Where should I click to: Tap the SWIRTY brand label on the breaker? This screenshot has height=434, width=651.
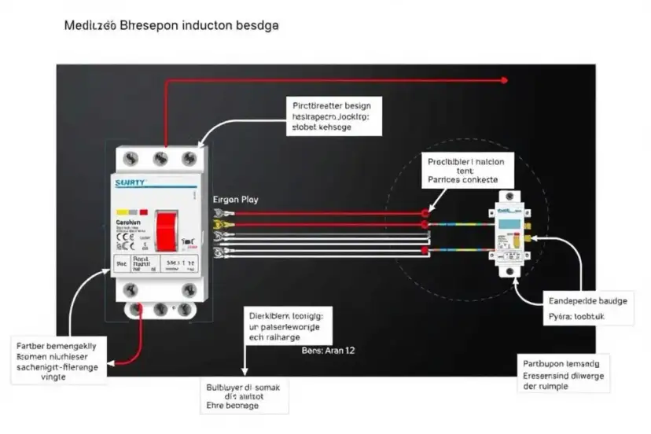(130, 182)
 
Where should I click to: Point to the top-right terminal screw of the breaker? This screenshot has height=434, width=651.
(188, 159)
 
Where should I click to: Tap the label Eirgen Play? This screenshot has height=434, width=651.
(235, 200)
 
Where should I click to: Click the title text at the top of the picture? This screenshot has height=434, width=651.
(171, 25)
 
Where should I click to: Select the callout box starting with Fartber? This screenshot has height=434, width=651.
(60, 361)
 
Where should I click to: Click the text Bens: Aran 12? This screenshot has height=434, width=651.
(328, 351)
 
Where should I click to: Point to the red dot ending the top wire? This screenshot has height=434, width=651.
(506, 79)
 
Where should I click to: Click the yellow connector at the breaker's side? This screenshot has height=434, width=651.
(219, 225)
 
